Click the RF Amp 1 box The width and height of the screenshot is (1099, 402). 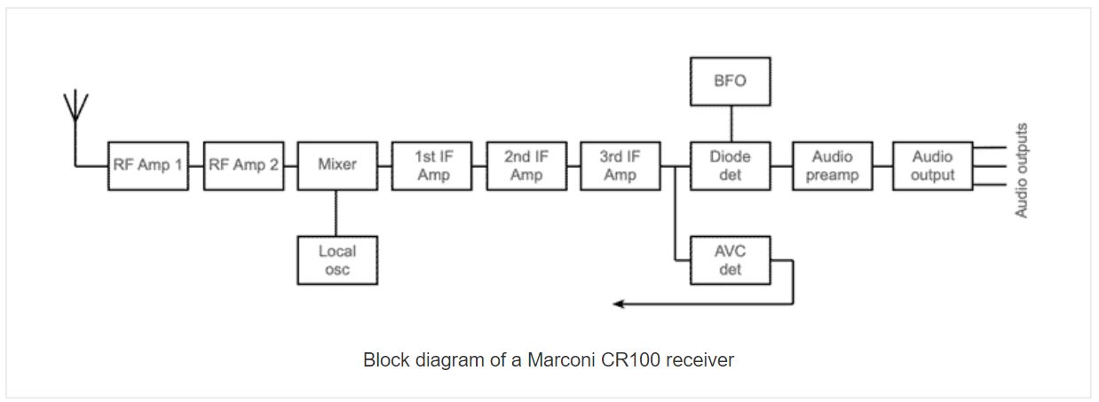148,165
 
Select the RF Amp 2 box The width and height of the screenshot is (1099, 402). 243,165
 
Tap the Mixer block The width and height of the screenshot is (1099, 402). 337,165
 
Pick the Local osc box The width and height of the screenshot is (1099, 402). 337,260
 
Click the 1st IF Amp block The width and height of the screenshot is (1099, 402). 432,165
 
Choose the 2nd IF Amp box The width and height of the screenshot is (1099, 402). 526,165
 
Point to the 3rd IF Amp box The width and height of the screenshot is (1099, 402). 621,165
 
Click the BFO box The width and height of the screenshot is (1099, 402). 730,80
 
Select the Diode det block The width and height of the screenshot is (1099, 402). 730,165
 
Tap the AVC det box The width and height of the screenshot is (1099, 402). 730,260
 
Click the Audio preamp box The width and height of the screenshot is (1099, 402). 832,165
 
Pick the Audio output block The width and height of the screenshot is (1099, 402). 932,165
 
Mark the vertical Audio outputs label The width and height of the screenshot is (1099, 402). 1022,170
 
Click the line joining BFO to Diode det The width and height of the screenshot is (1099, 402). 730,122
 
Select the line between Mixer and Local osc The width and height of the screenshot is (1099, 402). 337,213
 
